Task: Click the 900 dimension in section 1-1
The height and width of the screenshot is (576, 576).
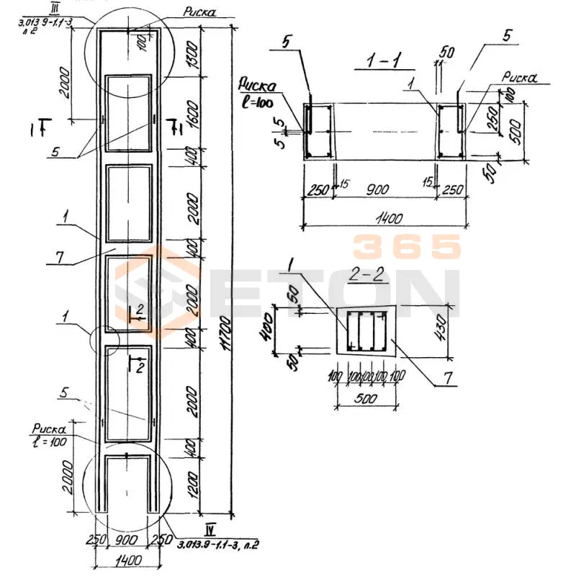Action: tap(386, 189)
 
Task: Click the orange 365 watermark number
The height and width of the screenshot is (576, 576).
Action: tap(407, 247)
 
